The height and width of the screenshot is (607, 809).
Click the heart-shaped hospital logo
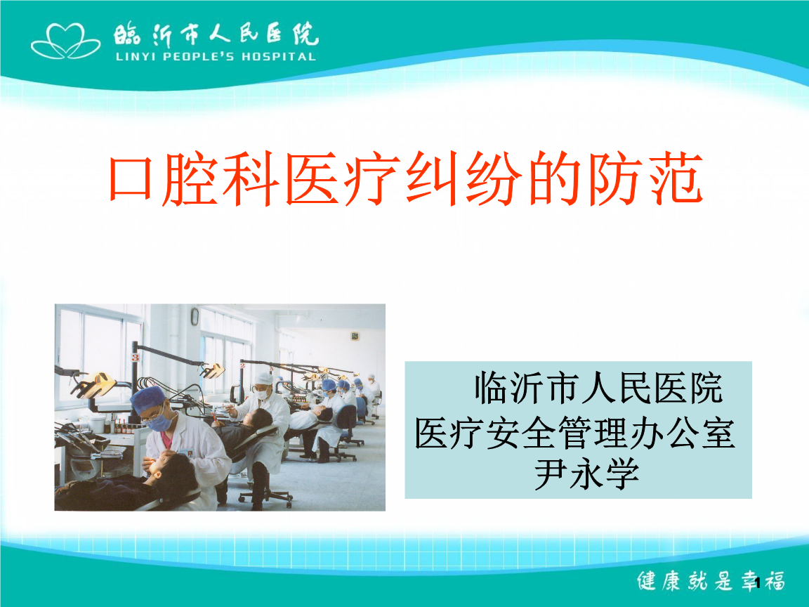[x=65, y=41]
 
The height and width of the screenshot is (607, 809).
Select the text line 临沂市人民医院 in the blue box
[x=598, y=388]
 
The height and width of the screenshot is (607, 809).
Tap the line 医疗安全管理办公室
[x=574, y=433]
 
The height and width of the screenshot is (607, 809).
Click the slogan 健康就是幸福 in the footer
[x=711, y=580]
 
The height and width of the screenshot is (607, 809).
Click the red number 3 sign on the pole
[x=135, y=357]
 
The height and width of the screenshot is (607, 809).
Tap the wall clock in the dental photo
[x=195, y=316]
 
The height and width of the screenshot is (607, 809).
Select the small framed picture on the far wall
[x=355, y=336]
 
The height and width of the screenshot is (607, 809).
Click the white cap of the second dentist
[x=263, y=379]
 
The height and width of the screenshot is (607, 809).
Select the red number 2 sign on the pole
[x=242, y=365]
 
